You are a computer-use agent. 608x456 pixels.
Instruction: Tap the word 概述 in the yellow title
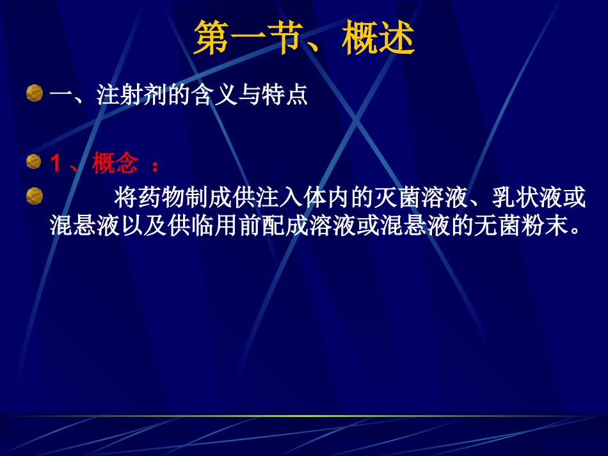click(378, 39)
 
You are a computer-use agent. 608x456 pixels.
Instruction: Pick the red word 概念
click(115, 164)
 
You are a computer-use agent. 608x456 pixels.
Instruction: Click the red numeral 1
click(56, 165)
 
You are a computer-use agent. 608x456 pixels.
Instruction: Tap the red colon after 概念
click(154, 165)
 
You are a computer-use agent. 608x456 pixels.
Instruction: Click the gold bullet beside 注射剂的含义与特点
click(35, 94)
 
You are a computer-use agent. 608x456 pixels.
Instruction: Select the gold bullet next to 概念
click(35, 163)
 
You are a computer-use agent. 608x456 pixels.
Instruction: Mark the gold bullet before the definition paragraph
click(35, 196)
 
